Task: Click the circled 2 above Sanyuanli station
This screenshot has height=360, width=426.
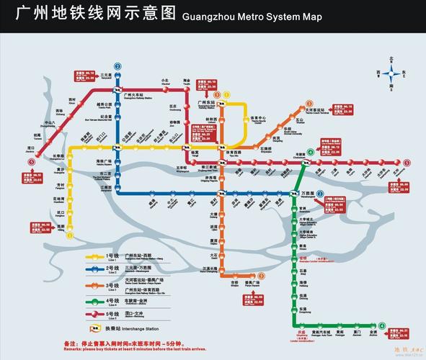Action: point(117,66)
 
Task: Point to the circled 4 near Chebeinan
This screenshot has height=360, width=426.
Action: point(311,152)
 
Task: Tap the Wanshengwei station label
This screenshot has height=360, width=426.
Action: point(308,194)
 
